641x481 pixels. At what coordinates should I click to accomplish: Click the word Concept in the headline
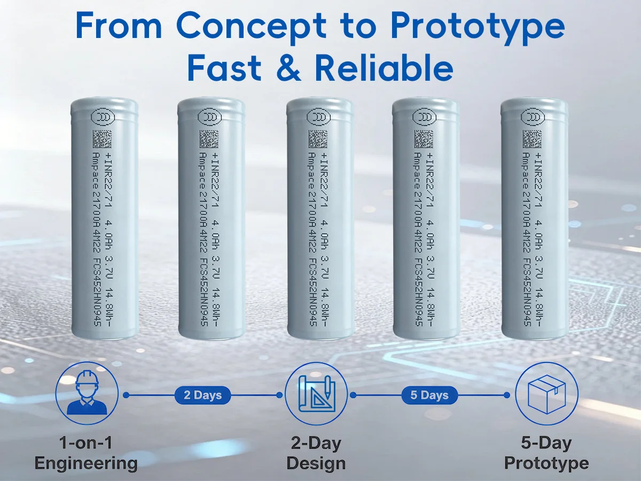(x=251, y=26)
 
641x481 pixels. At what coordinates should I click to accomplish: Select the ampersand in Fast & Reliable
(x=287, y=68)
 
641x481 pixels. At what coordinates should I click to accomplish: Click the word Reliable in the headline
(x=384, y=67)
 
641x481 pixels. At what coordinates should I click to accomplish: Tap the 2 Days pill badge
(x=202, y=395)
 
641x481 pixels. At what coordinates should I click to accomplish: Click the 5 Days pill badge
(x=429, y=395)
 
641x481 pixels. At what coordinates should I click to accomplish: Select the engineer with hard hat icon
(x=87, y=393)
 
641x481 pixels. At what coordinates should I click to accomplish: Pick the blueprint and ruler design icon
(x=316, y=394)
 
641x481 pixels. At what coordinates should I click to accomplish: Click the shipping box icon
(x=546, y=394)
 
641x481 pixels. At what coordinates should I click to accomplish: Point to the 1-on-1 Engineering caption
(x=86, y=453)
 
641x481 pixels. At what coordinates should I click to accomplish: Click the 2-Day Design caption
(x=316, y=453)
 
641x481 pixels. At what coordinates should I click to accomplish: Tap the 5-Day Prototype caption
(x=546, y=453)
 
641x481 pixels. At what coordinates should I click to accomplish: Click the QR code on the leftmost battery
(x=102, y=139)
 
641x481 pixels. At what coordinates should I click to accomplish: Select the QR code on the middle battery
(x=318, y=139)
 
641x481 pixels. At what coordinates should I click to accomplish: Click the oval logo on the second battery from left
(x=210, y=117)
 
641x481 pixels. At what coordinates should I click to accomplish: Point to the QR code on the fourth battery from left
(x=424, y=139)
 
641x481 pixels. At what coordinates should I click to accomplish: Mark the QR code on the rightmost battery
(x=532, y=139)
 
